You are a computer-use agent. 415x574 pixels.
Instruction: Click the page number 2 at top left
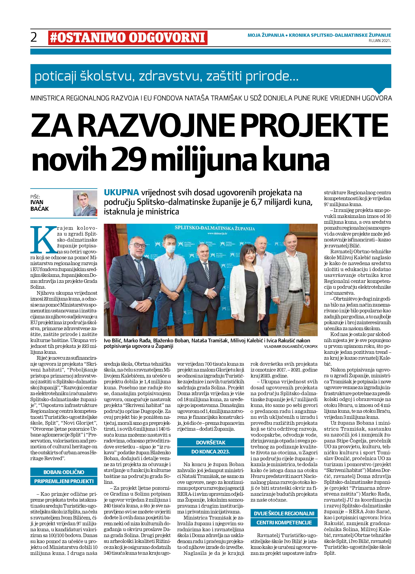click(34, 37)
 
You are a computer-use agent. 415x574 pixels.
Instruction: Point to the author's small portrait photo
click(85, 203)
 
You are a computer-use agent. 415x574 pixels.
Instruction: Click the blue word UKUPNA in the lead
click(122, 193)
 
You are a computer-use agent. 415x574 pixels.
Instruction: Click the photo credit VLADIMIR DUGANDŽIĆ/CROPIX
click(290, 347)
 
